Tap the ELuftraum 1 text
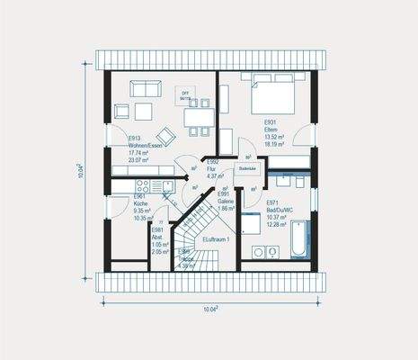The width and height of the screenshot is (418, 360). [x=217, y=239]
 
